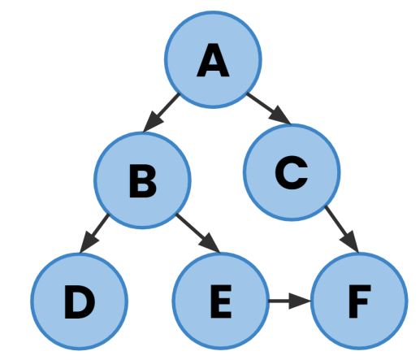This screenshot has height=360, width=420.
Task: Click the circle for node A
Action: coord(213,59)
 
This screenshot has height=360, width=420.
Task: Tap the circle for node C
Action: coord(292,171)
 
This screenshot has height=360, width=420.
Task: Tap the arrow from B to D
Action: coord(98,232)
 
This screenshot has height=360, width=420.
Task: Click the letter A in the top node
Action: coord(213,61)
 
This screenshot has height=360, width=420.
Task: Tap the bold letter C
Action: coord(291,171)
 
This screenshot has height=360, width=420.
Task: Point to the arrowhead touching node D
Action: coord(89,245)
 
